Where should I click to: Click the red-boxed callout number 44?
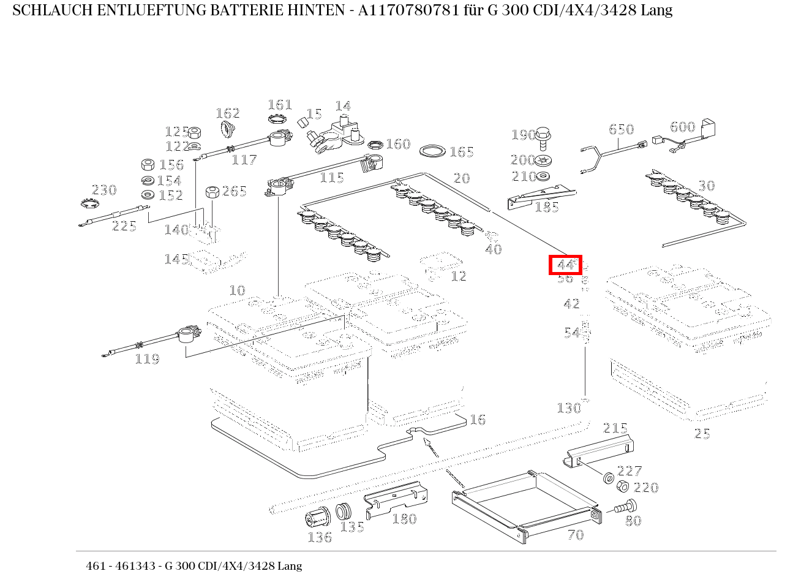(565, 265)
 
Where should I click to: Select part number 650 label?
(621, 129)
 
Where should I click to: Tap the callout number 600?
(682, 127)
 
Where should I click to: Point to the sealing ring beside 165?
(434, 151)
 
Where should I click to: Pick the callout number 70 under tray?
(576, 535)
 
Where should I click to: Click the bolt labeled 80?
(625, 508)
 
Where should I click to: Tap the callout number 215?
(615, 428)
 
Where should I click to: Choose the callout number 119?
(147, 359)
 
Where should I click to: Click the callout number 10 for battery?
(237, 290)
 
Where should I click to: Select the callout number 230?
(103, 190)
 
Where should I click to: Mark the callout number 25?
(702, 434)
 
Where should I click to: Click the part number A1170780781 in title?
(404, 10)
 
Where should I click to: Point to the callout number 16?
(477, 420)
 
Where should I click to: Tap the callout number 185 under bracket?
(546, 207)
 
